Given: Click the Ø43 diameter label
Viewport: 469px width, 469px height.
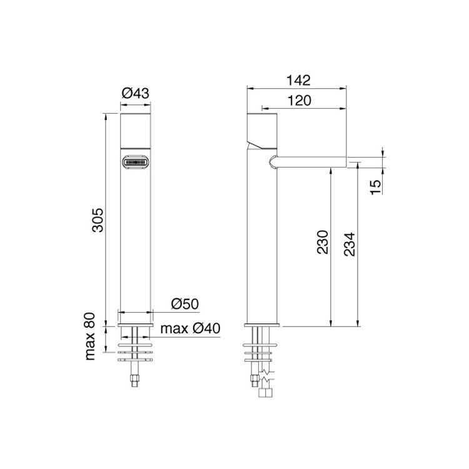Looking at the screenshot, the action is (x=135, y=93).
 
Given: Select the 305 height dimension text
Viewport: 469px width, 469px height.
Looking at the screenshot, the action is (x=98, y=220).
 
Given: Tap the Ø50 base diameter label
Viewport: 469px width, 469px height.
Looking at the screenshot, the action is (x=185, y=304).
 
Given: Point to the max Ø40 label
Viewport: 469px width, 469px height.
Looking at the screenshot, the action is (x=190, y=328).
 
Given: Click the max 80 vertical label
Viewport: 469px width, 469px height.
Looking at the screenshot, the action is (x=90, y=336).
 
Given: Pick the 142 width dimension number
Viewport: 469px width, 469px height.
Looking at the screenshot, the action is (x=298, y=80).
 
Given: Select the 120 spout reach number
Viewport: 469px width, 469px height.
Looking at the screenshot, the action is (x=299, y=101).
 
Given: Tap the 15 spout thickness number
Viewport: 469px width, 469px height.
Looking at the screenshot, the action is (x=376, y=187).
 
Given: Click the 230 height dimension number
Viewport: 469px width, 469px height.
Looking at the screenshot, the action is (x=323, y=242).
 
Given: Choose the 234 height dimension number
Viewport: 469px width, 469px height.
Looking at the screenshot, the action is (x=350, y=244).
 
